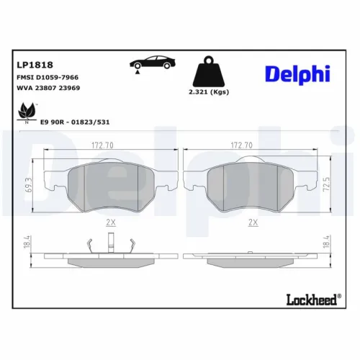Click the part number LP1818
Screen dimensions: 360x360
click(x=35, y=65)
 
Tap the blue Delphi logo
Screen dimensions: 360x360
click(x=297, y=74)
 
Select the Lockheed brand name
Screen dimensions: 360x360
click(x=312, y=300)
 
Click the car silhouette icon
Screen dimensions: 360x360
click(x=153, y=63)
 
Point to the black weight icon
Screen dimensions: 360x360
click(x=209, y=71)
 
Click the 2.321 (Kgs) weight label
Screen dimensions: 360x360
click(x=209, y=92)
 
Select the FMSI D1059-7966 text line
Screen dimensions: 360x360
click(x=48, y=77)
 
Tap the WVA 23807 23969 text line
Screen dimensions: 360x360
click(x=48, y=88)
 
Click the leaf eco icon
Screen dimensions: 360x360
click(x=27, y=112)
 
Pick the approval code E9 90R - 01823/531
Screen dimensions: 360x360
click(x=75, y=122)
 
